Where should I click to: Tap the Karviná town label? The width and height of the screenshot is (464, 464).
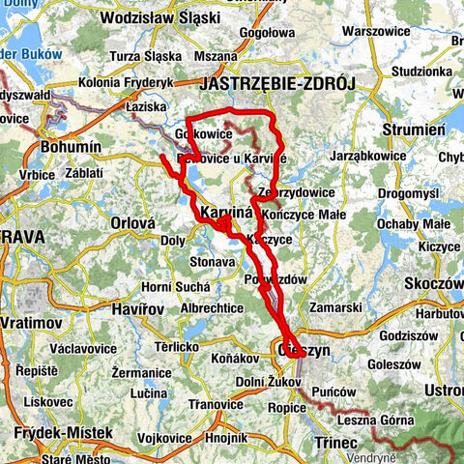(x=225, y=213)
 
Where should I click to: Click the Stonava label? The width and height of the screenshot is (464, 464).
(x=213, y=261)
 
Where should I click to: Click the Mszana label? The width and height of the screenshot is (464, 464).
(x=219, y=83)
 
